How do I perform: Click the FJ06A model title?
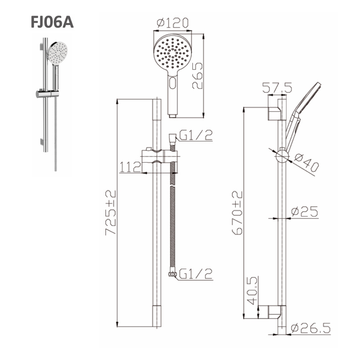click(x=51, y=22)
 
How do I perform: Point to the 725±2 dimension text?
click(x=111, y=213)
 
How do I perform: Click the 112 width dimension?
click(x=130, y=167)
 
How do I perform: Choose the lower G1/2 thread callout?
click(x=196, y=274)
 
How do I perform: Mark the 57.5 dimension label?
click(x=277, y=87)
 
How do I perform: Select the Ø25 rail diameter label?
click(x=305, y=212)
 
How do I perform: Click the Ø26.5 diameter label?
click(x=310, y=328)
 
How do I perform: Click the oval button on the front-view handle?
click(x=173, y=84)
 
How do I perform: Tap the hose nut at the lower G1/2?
click(x=173, y=275)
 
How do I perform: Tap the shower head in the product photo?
click(x=58, y=53)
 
